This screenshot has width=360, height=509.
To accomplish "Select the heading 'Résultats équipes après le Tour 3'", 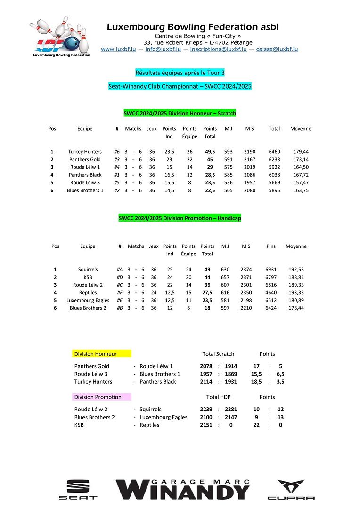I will pyautogui.click(x=180, y=73).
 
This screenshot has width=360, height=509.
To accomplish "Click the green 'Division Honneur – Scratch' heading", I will pyautogui.click(x=180, y=113).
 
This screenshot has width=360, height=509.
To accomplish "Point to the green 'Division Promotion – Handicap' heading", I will pyautogui.click(x=180, y=218).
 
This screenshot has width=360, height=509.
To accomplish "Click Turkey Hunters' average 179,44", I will pyautogui.click(x=300, y=152).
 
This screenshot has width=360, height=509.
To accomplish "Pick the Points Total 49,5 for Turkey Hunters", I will pyautogui.click(x=210, y=152).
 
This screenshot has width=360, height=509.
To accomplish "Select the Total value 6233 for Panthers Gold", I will pyautogui.click(x=274, y=159).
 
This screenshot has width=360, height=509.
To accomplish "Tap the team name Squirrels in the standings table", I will pyautogui.click(x=88, y=269).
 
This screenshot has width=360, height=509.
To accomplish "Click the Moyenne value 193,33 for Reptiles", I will pyautogui.click(x=295, y=292).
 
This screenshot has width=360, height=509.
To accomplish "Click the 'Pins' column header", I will pyautogui.click(x=271, y=246).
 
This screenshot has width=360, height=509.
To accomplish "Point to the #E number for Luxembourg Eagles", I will pyautogui.click(x=120, y=300).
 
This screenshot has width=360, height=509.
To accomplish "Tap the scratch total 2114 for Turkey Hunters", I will pyautogui.click(x=206, y=382).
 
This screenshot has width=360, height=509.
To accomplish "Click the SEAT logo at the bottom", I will pyautogui.click(x=78, y=490).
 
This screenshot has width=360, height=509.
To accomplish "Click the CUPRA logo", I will pyautogui.click(x=291, y=490).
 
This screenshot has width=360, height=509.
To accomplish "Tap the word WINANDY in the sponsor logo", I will pyautogui.click(x=184, y=492).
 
